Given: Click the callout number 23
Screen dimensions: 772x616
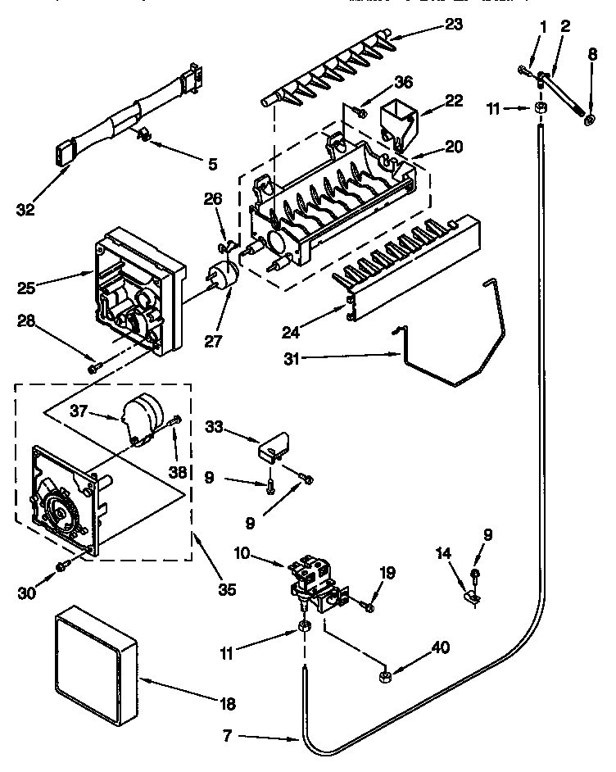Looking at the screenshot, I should click(x=454, y=25).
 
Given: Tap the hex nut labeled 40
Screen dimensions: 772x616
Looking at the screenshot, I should click(x=383, y=676).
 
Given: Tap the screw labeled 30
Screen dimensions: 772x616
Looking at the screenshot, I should click(x=61, y=566).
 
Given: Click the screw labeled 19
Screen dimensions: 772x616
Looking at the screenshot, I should click(x=368, y=607).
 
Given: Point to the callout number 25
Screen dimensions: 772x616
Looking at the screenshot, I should click(x=27, y=287).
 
